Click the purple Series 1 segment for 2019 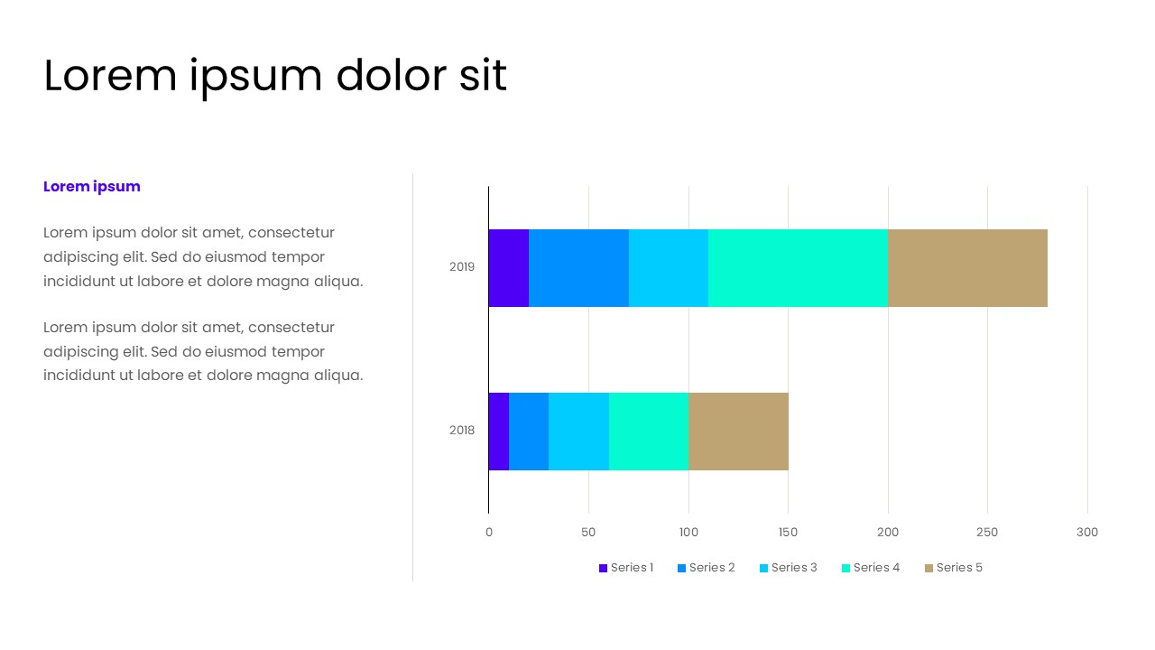tap(508, 268)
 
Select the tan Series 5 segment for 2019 tap(967, 268)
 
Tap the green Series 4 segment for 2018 tap(649, 432)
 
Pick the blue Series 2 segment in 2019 tap(578, 268)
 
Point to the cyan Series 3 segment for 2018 tap(578, 432)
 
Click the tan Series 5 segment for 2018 tap(738, 432)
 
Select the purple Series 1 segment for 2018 tap(499, 432)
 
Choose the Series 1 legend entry tap(625, 568)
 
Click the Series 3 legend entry tap(788, 568)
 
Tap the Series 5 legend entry tap(953, 568)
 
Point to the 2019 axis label tap(462, 267)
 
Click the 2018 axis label tap(462, 431)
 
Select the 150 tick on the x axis tap(788, 533)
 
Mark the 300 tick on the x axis tap(1087, 533)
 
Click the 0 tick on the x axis tap(489, 533)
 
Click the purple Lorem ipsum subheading tap(92, 187)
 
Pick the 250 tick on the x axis tap(987, 533)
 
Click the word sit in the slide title tap(483, 76)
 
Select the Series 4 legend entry tap(871, 568)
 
